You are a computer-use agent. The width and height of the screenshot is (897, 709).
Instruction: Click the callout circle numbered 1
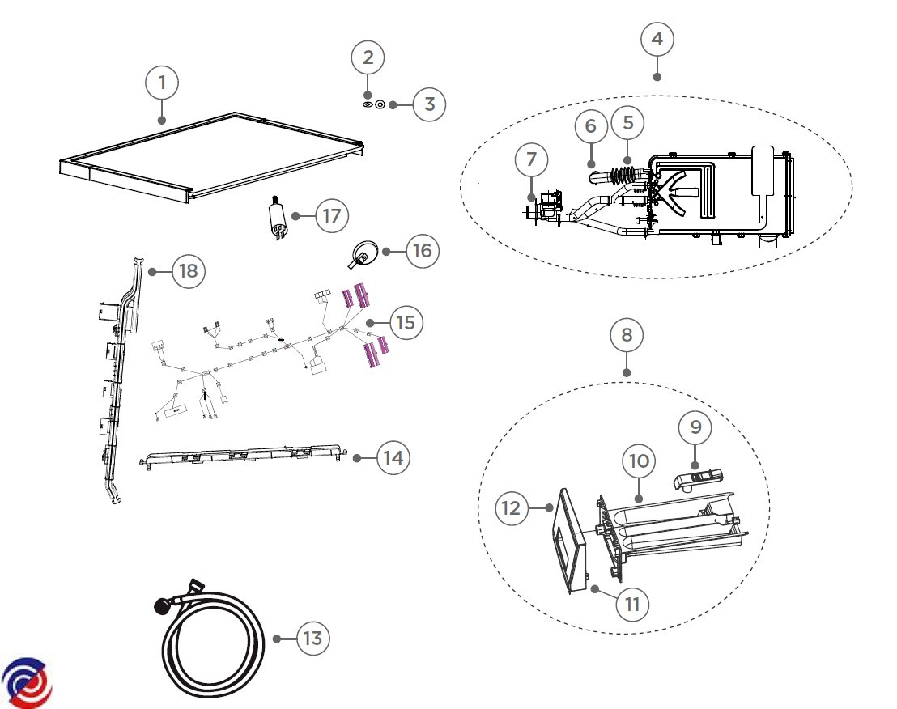(163, 83)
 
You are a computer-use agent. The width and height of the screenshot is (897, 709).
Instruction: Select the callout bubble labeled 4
(657, 38)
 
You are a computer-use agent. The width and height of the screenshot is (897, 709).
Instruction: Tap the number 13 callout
(312, 638)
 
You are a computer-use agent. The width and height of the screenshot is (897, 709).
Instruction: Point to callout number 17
(330, 216)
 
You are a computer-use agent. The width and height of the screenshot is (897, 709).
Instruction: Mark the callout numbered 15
(406, 322)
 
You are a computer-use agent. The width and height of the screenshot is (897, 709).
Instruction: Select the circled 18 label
(188, 270)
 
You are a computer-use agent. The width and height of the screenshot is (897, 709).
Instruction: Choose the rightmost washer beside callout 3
(393, 104)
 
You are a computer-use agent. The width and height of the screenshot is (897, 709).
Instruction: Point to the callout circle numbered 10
(639, 461)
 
